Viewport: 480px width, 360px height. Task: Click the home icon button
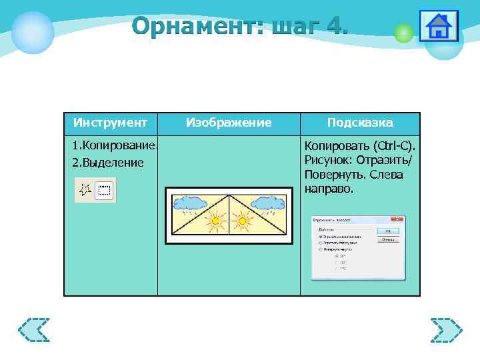click(438, 26)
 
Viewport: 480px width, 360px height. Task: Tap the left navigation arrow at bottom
click(34, 330)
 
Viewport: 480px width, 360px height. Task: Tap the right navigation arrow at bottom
click(446, 330)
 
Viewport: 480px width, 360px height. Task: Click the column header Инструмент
click(110, 123)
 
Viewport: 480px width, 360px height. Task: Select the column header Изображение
click(229, 123)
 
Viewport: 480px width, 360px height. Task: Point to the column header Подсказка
click(360, 123)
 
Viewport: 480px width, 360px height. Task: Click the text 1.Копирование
click(115, 145)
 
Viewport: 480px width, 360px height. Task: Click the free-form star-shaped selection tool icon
click(85, 190)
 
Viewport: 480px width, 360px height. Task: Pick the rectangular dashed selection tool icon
click(104, 190)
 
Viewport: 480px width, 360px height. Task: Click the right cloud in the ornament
click(269, 201)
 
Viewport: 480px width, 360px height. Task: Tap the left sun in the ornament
click(214, 219)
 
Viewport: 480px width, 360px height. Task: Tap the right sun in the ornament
click(243, 219)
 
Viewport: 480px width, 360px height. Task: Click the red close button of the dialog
click(399, 219)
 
